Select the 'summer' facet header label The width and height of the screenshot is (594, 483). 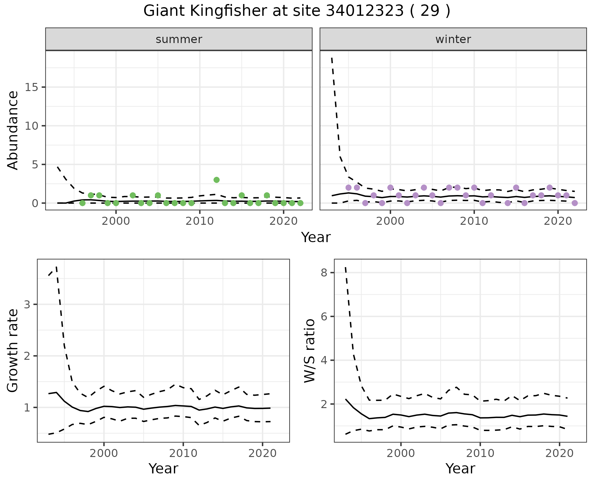point(179,39)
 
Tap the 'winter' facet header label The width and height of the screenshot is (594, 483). point(453,39)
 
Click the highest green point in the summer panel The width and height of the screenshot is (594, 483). point(217,180)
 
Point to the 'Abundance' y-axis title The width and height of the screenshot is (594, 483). point(13,130)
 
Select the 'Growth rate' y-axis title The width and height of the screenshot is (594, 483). point(13,350)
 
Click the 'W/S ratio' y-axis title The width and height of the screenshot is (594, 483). point(309,350)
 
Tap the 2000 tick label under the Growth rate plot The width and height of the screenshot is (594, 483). point(104,454)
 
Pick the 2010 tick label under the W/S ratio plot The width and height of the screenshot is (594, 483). point(480,454)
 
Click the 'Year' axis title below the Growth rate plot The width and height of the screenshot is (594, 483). point(163,469)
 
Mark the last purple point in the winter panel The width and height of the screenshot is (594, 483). point(575,203)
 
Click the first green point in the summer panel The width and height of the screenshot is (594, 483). point(82,203)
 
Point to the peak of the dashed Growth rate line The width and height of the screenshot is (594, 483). point(56,267)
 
